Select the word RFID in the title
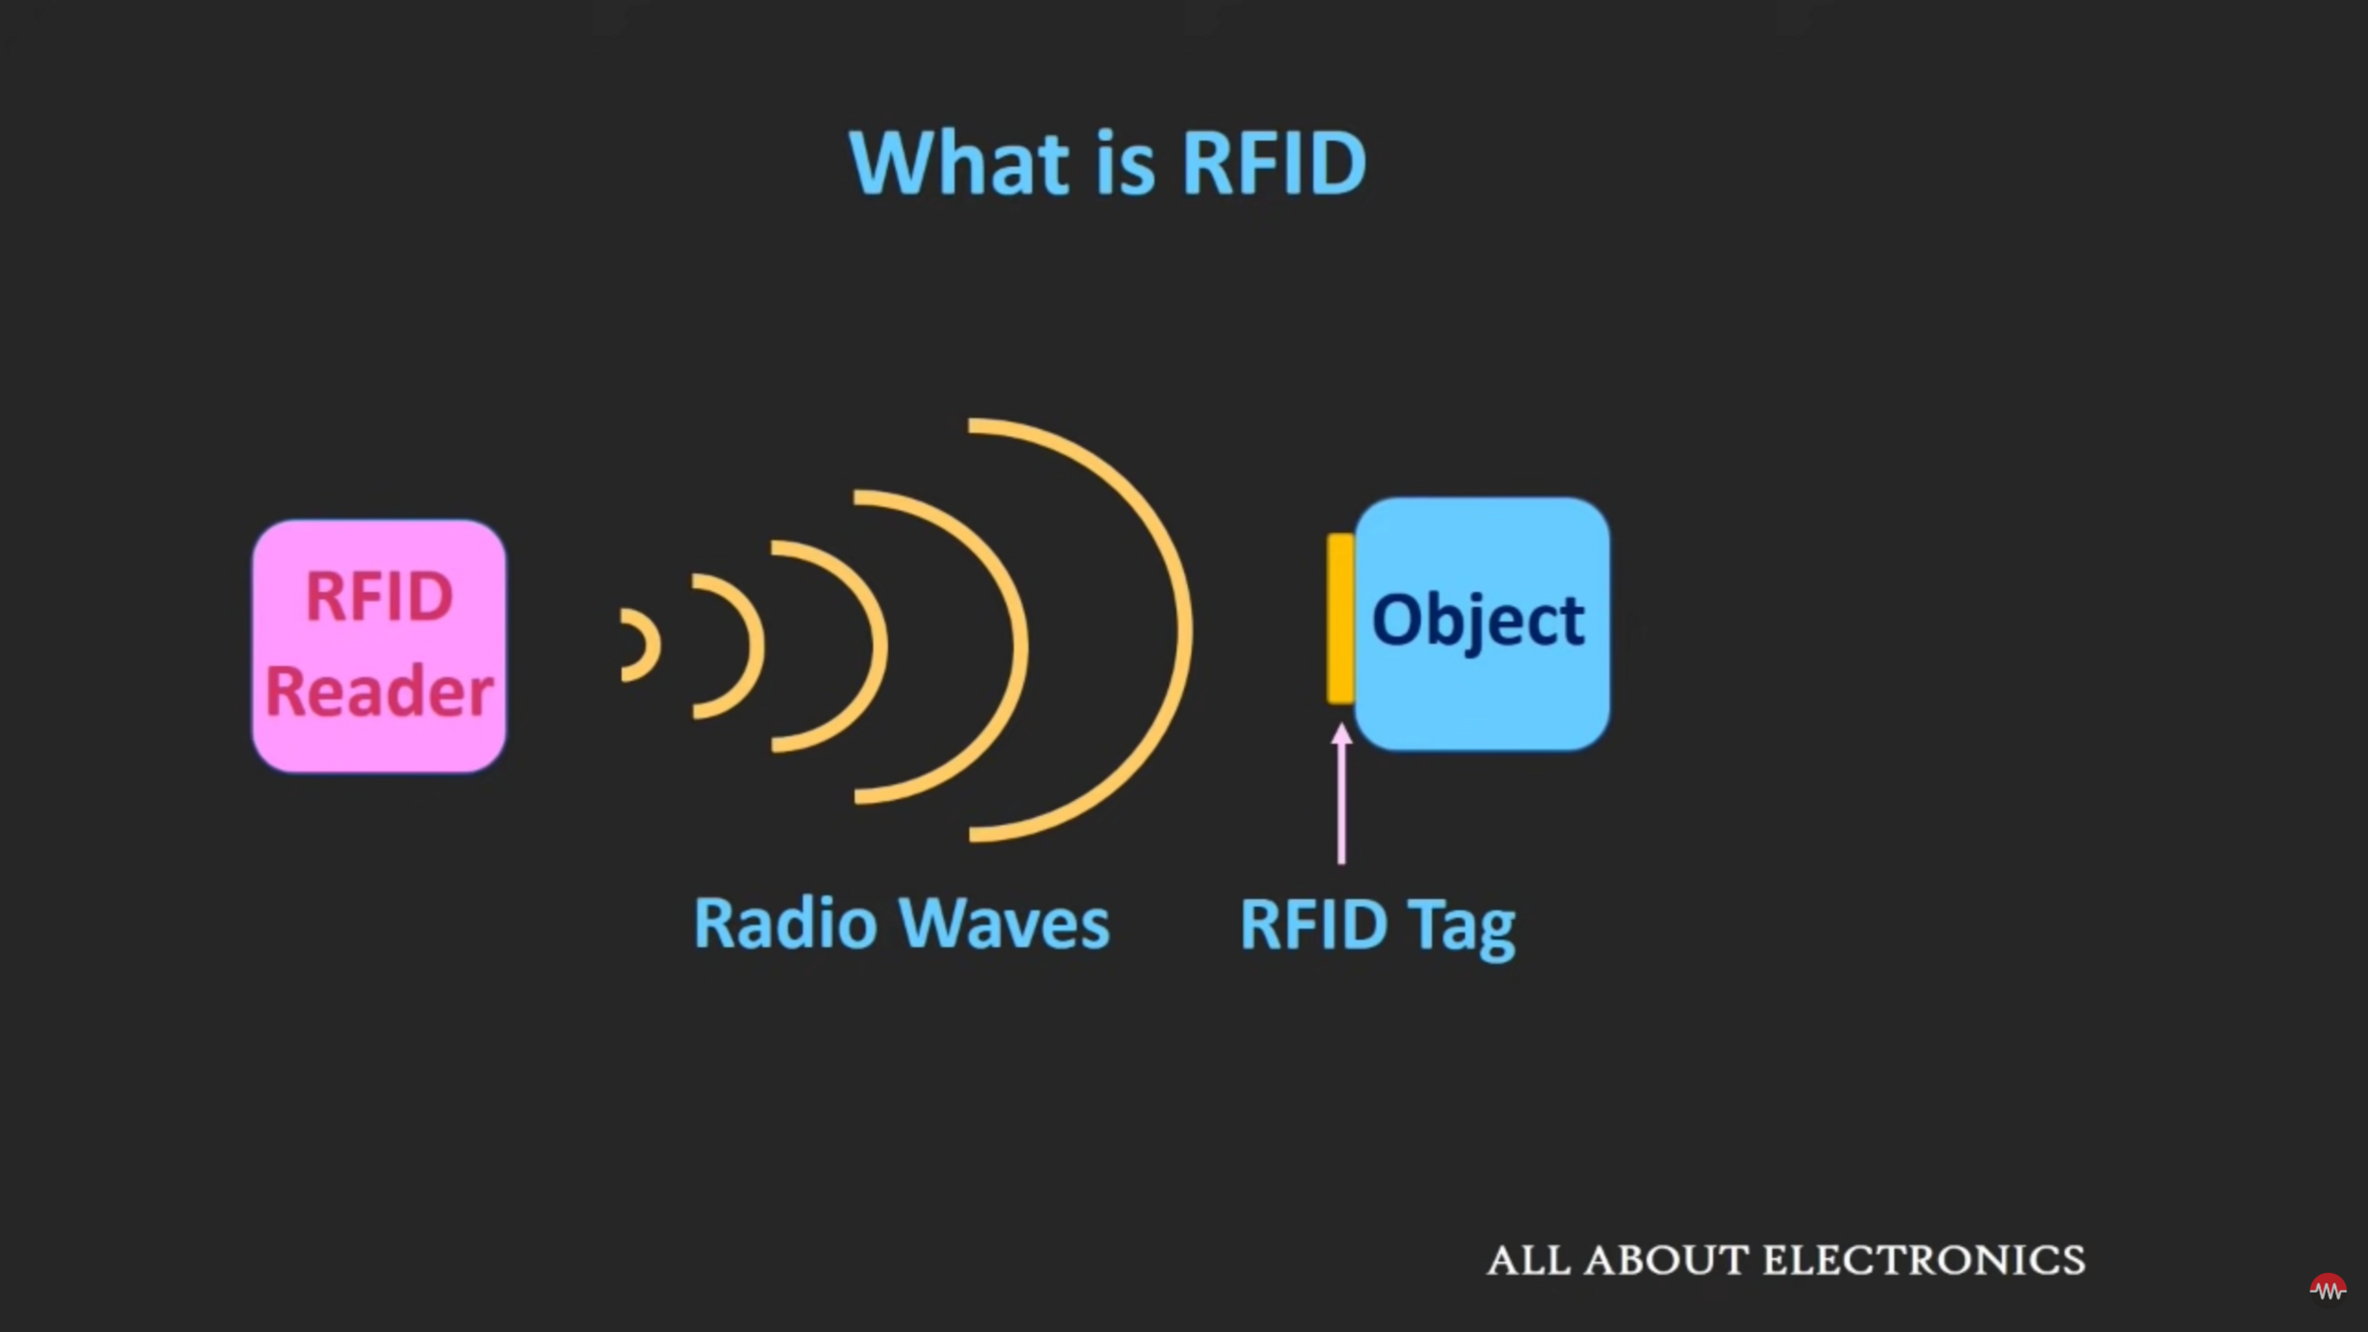[x=1274, y=163]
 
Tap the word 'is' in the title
[x=1125, y=163]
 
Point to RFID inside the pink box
[x=379, y=597]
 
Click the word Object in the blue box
[x=1478, y=622]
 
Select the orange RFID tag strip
[x=1340, y=619]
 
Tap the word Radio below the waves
[x=785, y=925]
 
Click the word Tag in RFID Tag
[x=1461, y=927]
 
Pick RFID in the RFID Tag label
[x=1313, y=925]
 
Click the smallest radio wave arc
[x=651, y=645]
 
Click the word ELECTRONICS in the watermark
[x=1924, y=1261]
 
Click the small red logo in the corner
[x=2328, y=1288]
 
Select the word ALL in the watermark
[x=1528, y=1261]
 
